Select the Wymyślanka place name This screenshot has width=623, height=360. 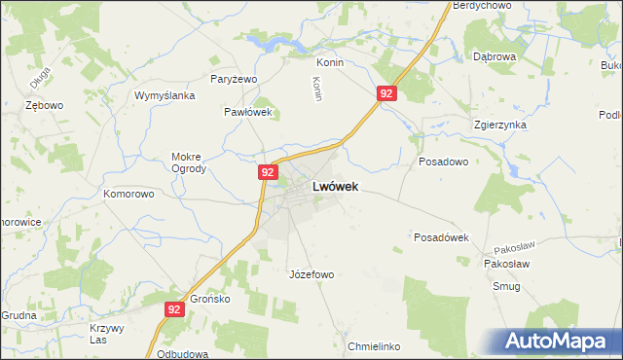point(165,95)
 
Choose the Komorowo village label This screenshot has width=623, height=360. point(129,194)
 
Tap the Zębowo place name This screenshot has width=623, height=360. point(45,105)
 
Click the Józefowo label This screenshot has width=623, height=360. point(311,274)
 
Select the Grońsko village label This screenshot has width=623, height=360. point(209,299)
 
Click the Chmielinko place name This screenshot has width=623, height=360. point(374,346)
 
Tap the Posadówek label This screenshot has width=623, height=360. point(442,237)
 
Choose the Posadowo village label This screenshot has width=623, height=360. point(444,162)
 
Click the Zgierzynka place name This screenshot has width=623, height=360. point(499,125)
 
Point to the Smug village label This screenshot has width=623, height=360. point(506,287)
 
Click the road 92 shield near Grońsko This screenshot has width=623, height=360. point(173,309)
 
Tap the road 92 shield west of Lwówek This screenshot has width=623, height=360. point(269,171)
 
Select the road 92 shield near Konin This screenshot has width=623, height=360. point(386,93)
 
